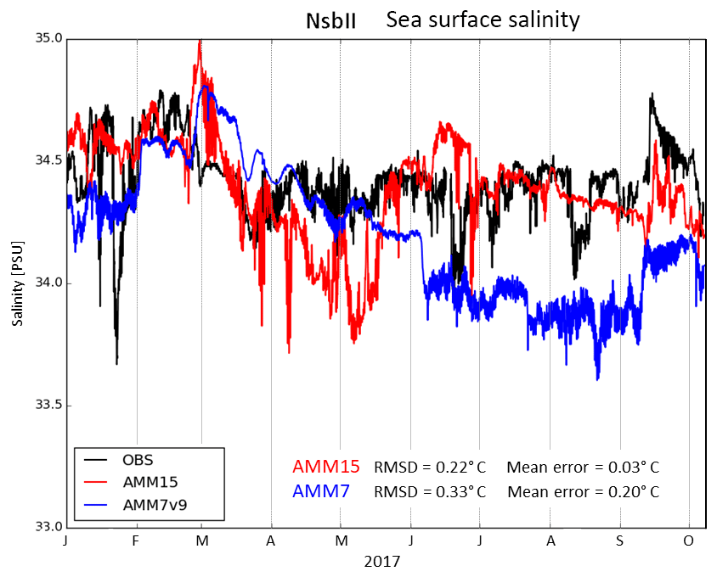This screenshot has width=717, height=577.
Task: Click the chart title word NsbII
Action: point(330,20)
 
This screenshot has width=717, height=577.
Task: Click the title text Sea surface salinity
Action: point(483,20)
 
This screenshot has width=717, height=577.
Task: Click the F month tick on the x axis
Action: point(136,541)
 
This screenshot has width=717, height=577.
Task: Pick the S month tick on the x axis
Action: point(620,541)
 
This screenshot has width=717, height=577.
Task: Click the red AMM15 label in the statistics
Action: point(325,467)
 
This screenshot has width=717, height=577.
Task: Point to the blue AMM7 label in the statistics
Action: point(320,491)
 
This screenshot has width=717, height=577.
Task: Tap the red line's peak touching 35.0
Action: point(200,41)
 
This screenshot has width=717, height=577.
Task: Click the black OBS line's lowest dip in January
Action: point(116,362)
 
